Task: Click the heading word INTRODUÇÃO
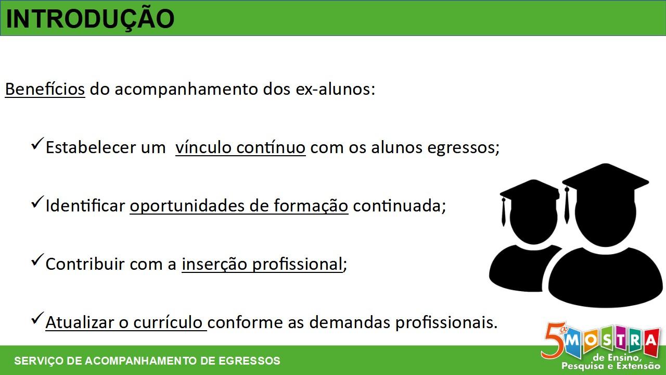coord(90,19)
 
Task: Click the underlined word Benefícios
coord(45,89)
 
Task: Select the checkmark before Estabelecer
coord(37,144)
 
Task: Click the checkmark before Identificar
coord(37,203)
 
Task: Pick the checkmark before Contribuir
coord(37,260)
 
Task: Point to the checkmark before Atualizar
coord(37,318)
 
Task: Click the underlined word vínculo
coord(203,147)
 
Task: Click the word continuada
coord(399,206)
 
